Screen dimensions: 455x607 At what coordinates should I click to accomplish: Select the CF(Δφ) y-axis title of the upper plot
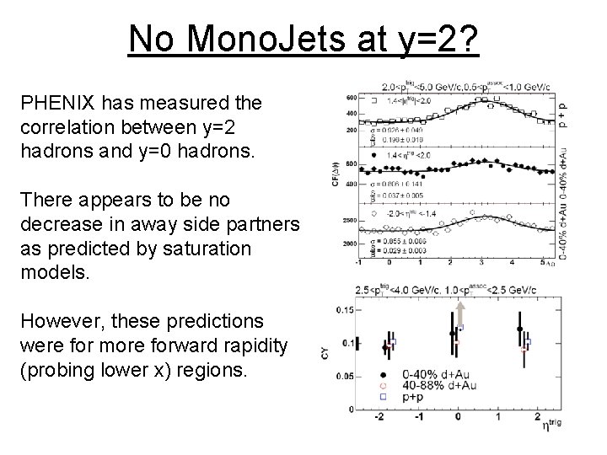(337, 174)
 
